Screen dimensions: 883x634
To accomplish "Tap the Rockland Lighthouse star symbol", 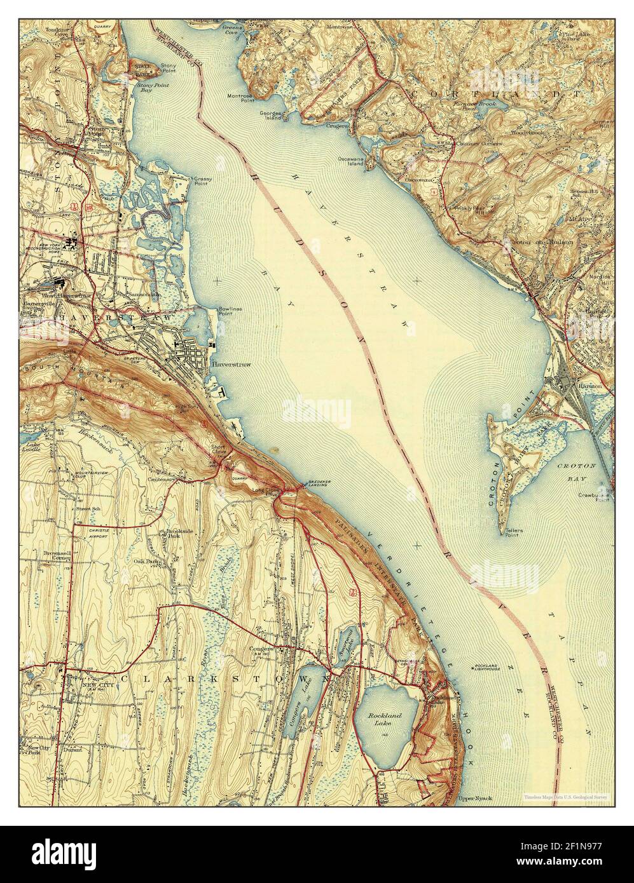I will pyautogui.click(x=475, y=666).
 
